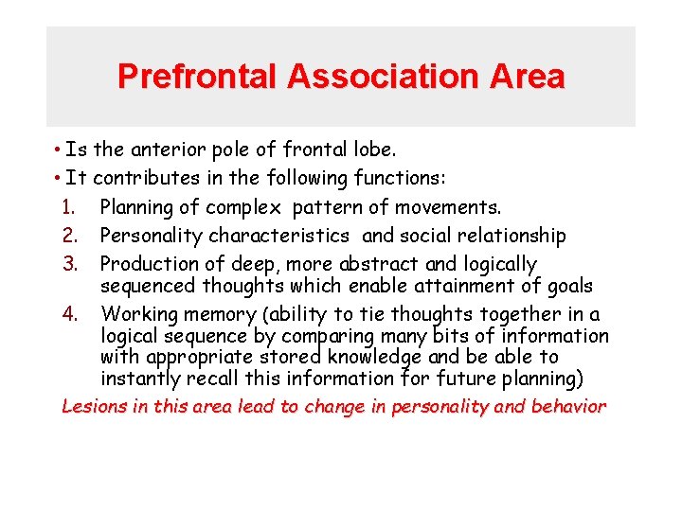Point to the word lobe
click(x=375, y=150)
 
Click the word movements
click(x=452, y=207)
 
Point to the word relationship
click(x=507, y=236)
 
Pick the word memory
click(x=217, y=314)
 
